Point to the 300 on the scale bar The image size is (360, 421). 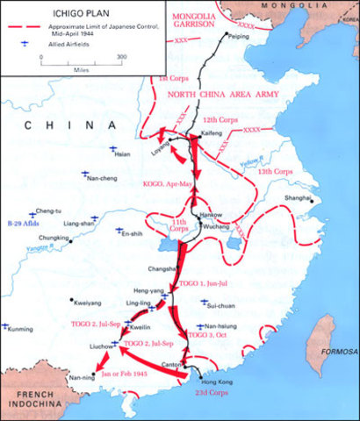120,55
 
